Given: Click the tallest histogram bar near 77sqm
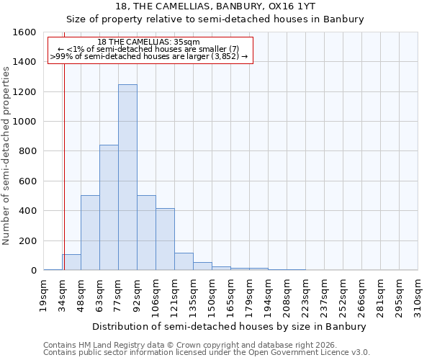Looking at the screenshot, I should click(127, 177).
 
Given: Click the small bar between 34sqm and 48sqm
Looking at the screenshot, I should click(71, 262).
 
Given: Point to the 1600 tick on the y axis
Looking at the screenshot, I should click(25, 32).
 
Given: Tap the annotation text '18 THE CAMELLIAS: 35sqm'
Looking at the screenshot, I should click(149, 42).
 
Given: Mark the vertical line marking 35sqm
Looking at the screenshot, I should click(63, 166).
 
